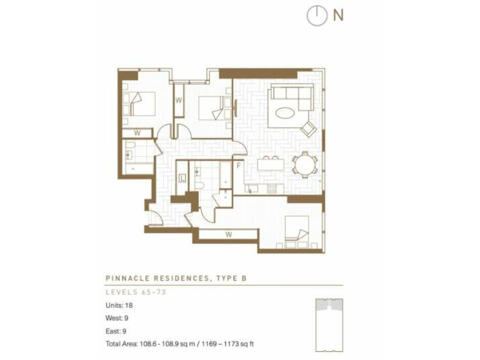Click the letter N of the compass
pyautogui.click(x=338, y=15)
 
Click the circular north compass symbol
pyautogui.click(x=317, y=16)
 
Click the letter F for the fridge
pyautogui.click(x=239, y=166)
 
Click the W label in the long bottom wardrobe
pyautogui.click(x=229, y=235)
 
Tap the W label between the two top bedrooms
pyautogui.click(x=178, y=100)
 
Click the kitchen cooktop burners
pyautogui.click(x=272, y=187)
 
